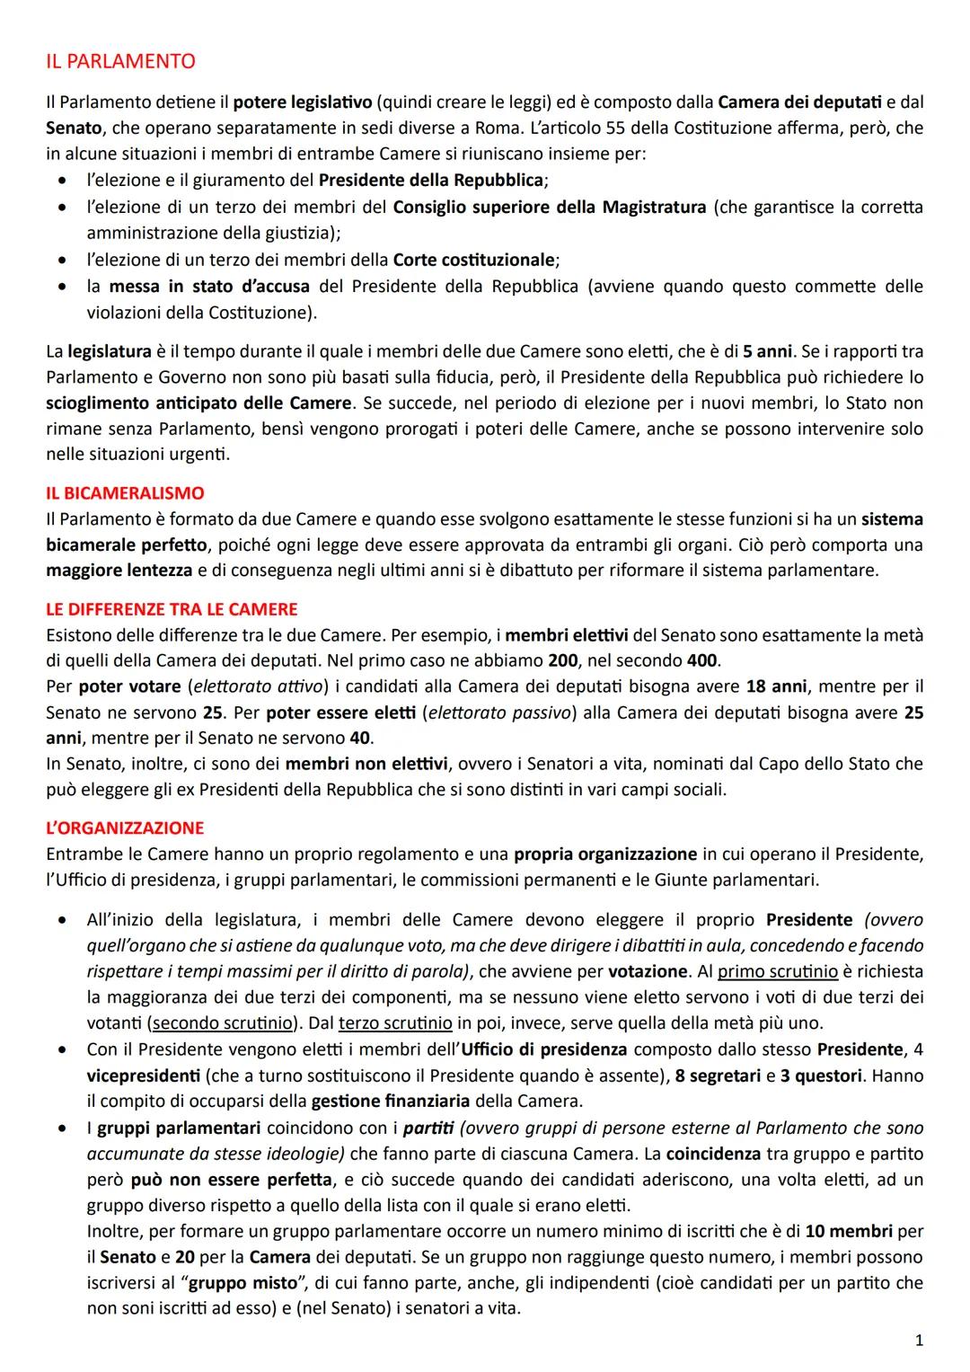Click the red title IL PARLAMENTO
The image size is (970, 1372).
[x=120, y=62]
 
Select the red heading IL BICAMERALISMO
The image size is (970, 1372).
[x=125, y=493]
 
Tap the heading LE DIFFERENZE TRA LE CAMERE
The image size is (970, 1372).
[x=172, y=609]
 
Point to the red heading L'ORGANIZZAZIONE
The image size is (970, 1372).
[x=125, y=828]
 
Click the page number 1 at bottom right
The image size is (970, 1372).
[x=918, y=1341]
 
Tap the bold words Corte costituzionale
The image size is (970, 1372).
[x=475, y=261]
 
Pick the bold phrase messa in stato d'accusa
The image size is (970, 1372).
[x=209, y=287]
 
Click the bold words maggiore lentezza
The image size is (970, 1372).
[x=119, y=571]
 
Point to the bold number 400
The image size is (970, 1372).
[x=701, y=660]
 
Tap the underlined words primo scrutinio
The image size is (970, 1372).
[x=778, y=971]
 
